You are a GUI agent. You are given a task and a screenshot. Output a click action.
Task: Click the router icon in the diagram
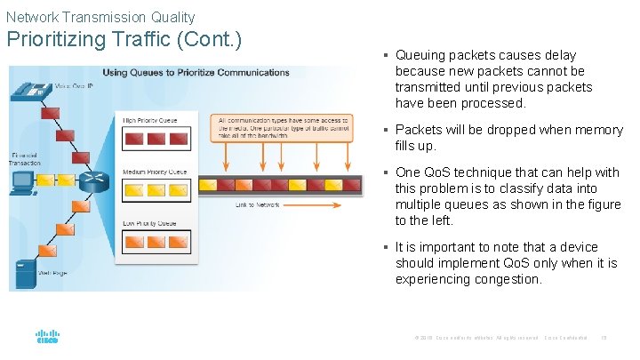92,183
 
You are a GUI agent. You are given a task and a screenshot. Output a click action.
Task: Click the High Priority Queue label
150,120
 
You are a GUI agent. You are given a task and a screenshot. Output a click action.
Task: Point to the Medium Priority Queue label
154,172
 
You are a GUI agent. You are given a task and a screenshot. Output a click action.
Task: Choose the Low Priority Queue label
150,225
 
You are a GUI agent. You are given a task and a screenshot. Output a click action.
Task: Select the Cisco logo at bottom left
47,337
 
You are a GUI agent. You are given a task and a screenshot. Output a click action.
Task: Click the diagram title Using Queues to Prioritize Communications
196,73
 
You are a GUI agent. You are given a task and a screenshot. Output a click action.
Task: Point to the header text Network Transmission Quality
100,17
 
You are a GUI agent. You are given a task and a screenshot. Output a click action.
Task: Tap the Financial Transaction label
24,159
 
